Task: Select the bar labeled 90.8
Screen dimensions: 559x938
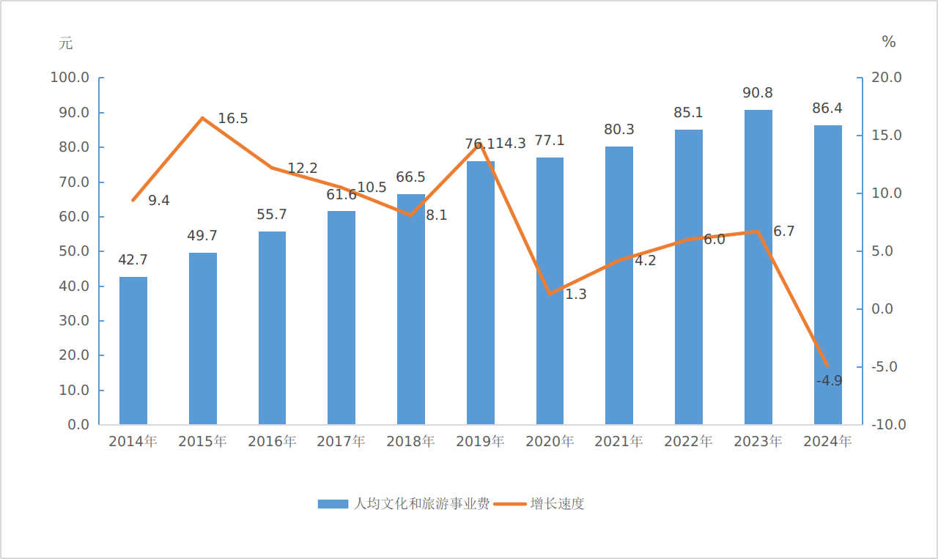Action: [x=758, y=267]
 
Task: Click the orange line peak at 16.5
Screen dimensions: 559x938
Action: [x=202, y=118]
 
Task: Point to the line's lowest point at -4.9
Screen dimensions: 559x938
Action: [x=827, y=366]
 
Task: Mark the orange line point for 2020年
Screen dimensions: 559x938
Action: [x=550, y=294]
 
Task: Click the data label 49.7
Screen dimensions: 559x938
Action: [x=203, y=236]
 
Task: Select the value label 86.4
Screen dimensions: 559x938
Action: [x=827, y=108]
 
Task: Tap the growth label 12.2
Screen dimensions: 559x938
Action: [x=302, y=169]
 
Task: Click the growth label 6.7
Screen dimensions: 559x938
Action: [x=783, y=232]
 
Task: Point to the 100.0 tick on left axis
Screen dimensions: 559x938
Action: [x=70, y=78]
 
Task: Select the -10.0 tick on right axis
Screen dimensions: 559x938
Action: [x=888, y=425]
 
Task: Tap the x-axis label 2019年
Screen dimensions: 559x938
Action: [x=480, y=442]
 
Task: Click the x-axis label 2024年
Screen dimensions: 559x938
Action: [x=827, y=442]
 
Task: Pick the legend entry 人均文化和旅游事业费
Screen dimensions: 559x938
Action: [x=404, y=504]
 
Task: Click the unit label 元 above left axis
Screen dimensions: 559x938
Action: [x=66, y=43]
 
